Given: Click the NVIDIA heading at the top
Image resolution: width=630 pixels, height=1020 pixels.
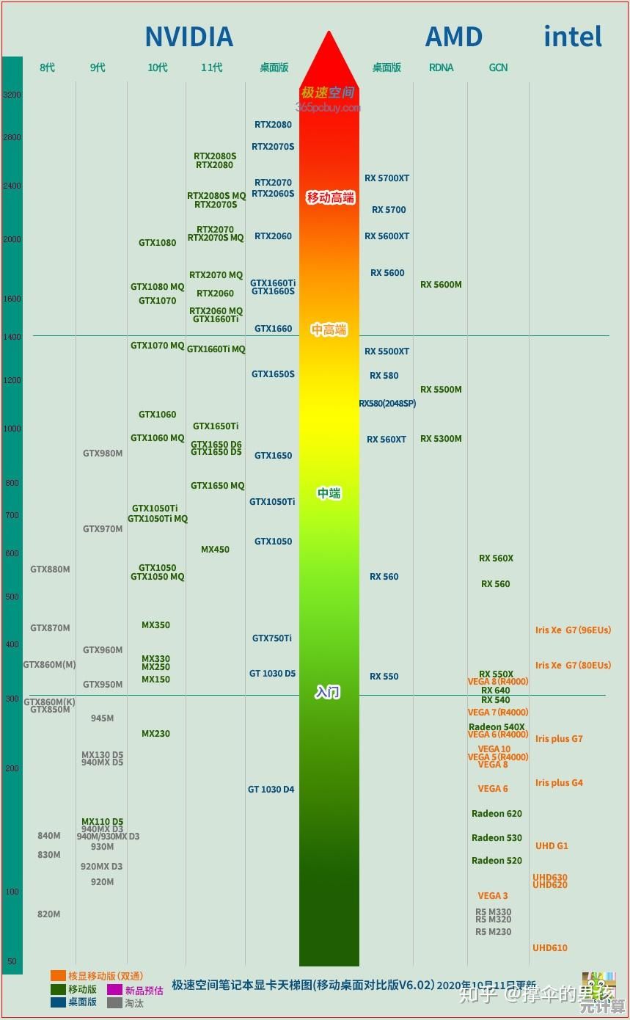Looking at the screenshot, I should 188,37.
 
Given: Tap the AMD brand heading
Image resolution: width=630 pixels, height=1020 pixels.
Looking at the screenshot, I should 454,37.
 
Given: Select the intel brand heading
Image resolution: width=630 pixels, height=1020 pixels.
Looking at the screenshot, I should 573,37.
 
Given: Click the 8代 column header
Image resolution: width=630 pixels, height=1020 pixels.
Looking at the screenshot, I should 48,68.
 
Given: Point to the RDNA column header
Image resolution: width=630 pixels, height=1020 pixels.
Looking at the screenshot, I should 442,68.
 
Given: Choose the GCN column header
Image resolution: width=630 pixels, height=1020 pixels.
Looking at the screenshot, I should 499,68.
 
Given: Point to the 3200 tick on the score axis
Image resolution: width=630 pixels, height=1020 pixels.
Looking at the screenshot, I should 12,95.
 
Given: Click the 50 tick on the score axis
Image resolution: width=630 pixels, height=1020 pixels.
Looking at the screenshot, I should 12,961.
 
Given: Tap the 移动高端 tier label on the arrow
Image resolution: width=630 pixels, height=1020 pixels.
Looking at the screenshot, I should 330,197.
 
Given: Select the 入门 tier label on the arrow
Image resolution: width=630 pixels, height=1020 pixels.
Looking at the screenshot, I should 328,692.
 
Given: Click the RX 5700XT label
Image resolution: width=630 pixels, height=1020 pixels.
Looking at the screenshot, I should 387,178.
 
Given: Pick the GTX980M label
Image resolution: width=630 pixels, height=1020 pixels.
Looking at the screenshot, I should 103,453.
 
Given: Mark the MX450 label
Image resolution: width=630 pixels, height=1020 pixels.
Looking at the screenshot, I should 215,550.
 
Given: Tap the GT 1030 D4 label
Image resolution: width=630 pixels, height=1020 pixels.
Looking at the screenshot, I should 271,790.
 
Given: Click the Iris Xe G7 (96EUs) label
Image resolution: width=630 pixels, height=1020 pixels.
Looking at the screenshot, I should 573,630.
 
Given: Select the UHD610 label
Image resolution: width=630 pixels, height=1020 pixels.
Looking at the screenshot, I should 550,948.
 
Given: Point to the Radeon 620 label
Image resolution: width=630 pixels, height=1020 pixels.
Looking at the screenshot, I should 497,814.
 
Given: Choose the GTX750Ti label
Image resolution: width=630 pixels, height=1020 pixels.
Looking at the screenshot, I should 272,638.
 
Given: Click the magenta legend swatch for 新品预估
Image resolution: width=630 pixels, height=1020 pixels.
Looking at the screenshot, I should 114,990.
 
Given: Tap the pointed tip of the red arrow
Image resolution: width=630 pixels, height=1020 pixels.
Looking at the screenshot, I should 329,33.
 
